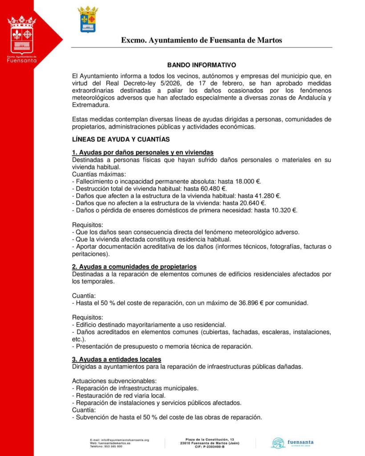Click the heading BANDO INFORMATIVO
coord(202,65)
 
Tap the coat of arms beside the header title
coord(88,19)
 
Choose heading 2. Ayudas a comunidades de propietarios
coord(134,267)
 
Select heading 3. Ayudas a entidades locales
coord(117,359)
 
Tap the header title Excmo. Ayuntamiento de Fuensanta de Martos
coord(202,41)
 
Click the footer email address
coord(119,440)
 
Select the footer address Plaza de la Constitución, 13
coord(210,439)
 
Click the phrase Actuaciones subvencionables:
coord(114,381)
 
